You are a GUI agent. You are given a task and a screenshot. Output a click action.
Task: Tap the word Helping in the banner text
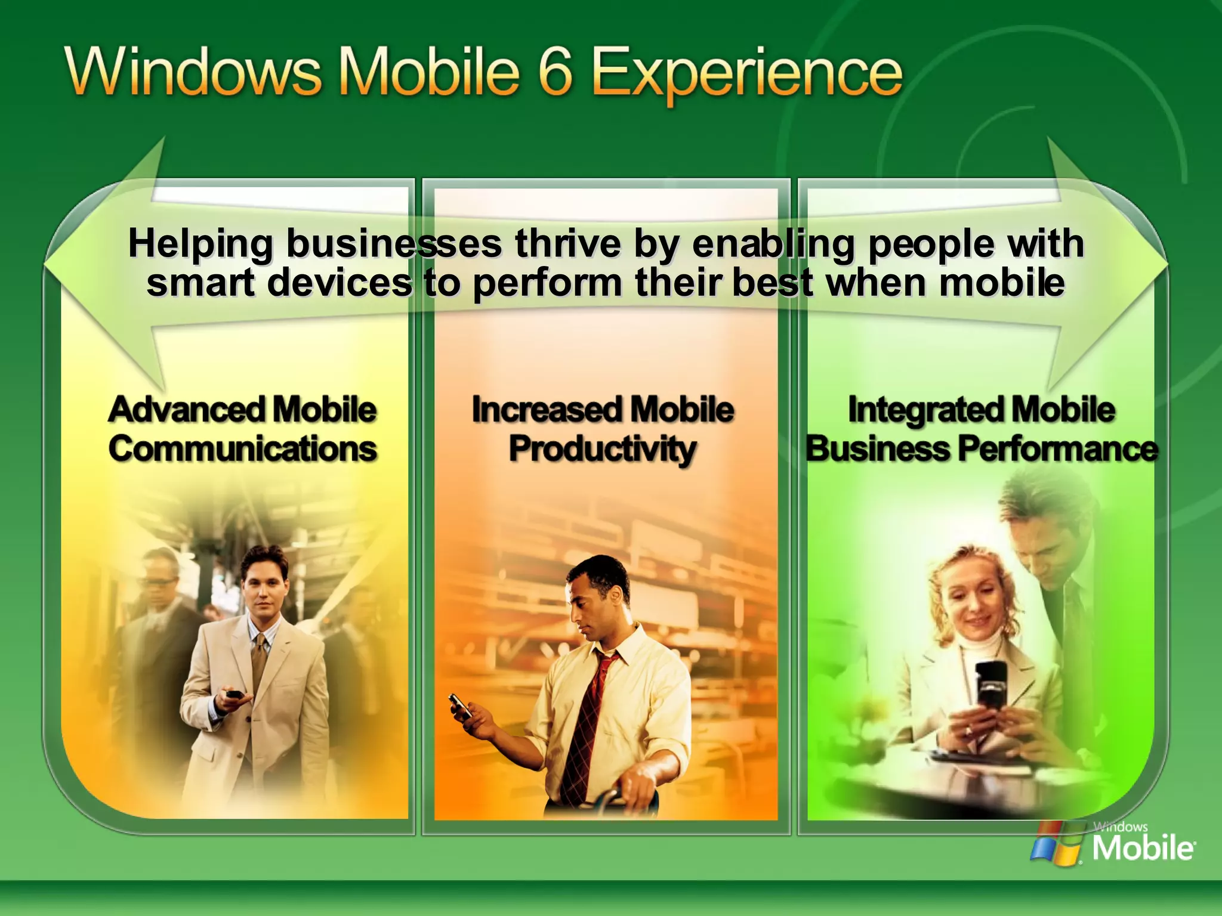click(x=200, y=245)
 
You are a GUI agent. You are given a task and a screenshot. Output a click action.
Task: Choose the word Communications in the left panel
click(x=242, y=448)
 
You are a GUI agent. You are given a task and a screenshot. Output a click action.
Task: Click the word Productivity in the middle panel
click(x=602, y=448)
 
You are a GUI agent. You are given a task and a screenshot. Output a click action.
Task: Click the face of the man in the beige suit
click(x=263, y=587)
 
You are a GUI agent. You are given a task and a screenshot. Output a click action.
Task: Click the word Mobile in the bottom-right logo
click(x=1142, y=847)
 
